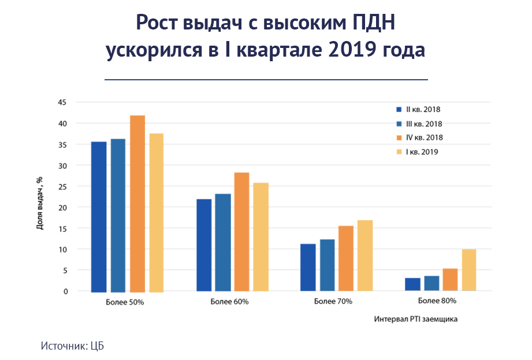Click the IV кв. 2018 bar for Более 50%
137,203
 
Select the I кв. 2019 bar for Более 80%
469,270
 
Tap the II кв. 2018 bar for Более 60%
204,245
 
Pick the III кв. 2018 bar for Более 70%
328,265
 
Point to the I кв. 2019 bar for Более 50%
157,213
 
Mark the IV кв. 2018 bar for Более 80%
450,280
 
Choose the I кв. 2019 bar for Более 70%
365,255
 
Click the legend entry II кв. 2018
418,110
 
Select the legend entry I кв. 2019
417,152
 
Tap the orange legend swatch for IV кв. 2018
399,138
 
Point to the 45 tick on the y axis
62,102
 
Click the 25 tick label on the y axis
62,187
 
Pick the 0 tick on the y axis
65,291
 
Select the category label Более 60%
229,302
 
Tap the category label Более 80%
437,300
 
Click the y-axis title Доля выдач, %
40,203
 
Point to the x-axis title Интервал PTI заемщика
416,319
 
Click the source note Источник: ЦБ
72,346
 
